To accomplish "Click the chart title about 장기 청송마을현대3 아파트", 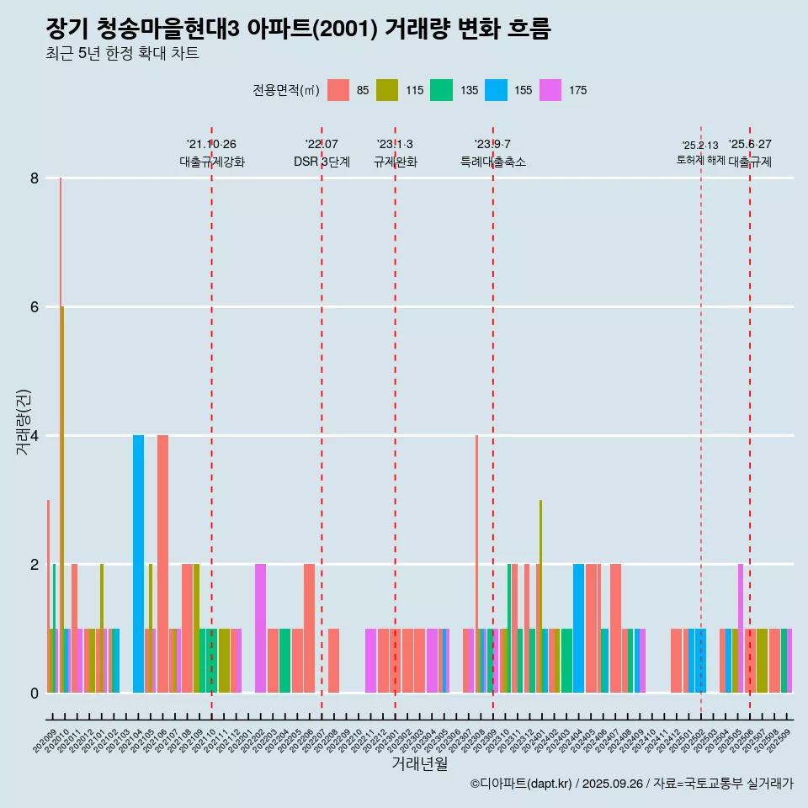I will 298,29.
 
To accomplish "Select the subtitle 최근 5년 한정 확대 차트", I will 122,54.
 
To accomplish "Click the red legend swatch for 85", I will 338,90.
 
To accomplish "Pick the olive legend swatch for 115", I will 387,90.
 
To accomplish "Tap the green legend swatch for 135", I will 442,90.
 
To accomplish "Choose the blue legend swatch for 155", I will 496,90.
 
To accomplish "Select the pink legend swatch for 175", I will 550,90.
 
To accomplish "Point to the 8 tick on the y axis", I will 35,178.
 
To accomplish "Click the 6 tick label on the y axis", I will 35,307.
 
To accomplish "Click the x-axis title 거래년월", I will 419,764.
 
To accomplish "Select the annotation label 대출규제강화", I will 212,162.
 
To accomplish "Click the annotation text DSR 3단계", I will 322,162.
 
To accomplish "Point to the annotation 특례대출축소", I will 493,162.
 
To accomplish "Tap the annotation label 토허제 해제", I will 700,160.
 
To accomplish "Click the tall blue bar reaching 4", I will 138,564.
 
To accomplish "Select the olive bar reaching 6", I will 62,497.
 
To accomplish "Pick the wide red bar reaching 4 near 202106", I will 162,564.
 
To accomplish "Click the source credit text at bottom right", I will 631,784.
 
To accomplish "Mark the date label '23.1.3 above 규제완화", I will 395,144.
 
